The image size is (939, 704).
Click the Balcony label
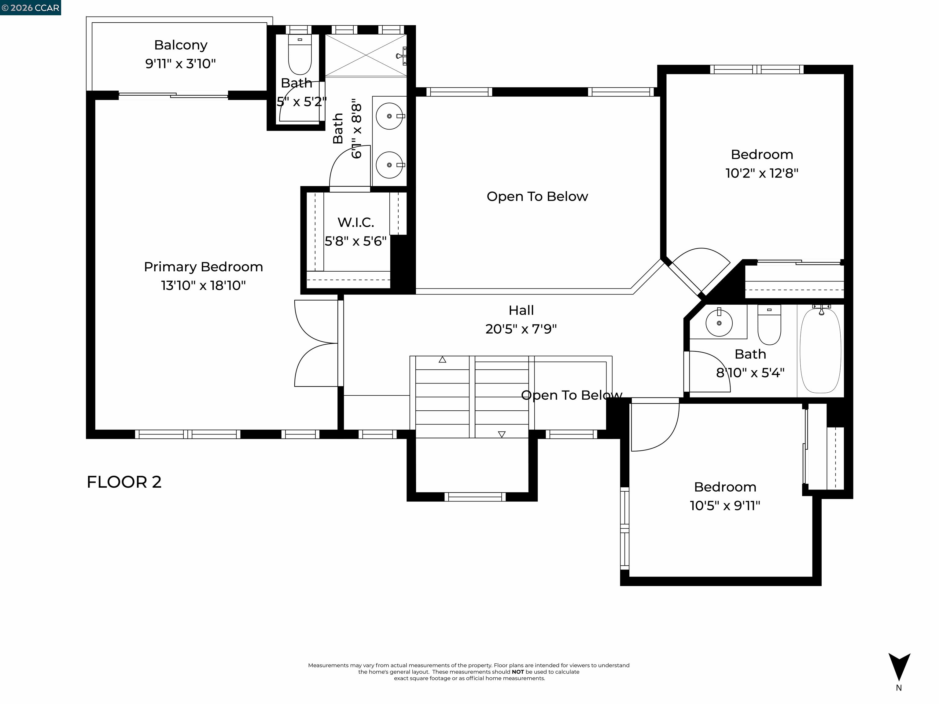[x=180, y=45]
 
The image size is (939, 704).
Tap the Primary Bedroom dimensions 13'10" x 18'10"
[x=203, y=285]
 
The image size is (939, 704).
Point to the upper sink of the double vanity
[x=389, y=116]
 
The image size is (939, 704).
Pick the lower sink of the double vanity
[x=389, y=165]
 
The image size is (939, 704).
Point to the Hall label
[x=521, y=310]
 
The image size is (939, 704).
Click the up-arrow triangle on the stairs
[x=442, y=360]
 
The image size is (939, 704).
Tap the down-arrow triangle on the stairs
[x=502, y=434]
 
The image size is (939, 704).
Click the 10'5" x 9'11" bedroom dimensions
[x=725, y=505]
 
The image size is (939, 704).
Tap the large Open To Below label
[x=537, y=196]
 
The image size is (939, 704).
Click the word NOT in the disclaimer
[x=517, y=672]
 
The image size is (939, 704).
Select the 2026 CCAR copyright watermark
[x=30, y=8]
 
